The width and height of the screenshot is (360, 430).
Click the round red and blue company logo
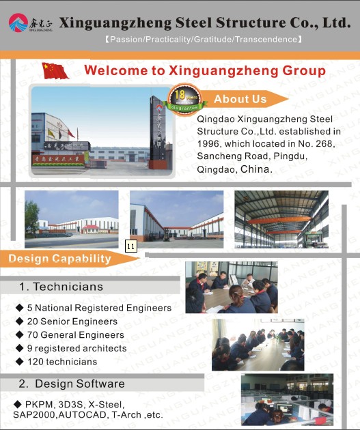coord(18,23)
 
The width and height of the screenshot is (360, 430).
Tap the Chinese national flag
coord(55,71)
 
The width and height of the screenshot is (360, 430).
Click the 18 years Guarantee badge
coord(184,100)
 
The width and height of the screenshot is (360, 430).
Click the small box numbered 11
coord(131,246)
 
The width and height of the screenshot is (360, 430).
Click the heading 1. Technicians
coord(61,287)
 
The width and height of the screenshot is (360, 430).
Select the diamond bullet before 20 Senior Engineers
coord(20,321)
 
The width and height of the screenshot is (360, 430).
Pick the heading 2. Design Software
coord(72,384)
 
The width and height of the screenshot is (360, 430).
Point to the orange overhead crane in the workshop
coord(279,220)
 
